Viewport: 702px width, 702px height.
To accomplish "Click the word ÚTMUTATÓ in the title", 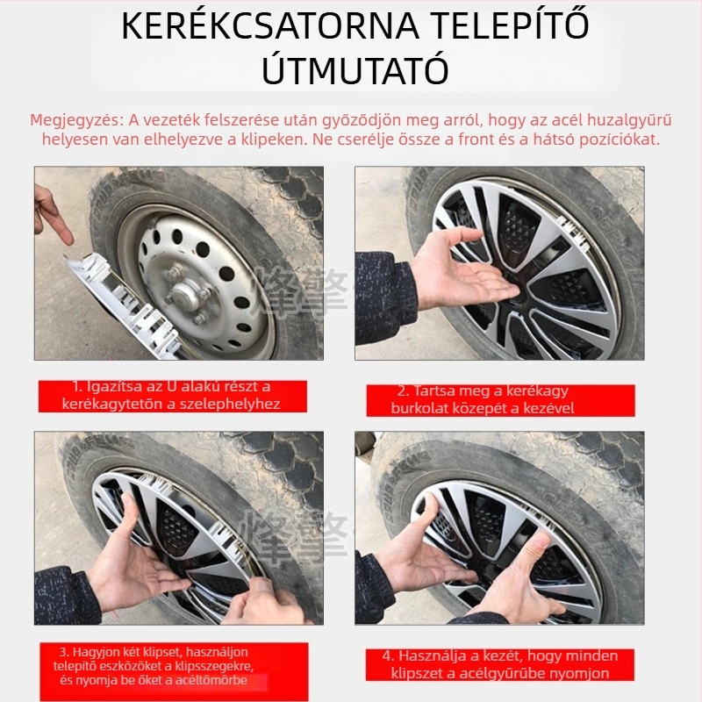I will point(355,69).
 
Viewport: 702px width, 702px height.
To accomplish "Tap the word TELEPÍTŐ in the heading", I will point(509,26).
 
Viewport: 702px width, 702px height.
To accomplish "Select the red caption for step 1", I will point(172,396).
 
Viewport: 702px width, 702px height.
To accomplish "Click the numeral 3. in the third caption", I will point(64,652).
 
